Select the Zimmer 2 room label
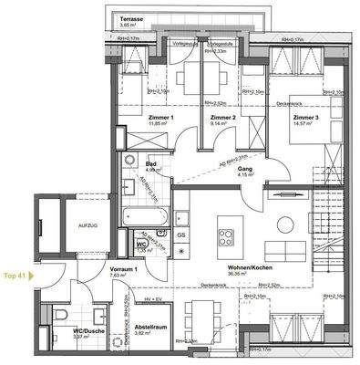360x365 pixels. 222,119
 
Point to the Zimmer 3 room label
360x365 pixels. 306,119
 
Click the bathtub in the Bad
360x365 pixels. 145,218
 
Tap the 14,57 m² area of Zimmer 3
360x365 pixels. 306,126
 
